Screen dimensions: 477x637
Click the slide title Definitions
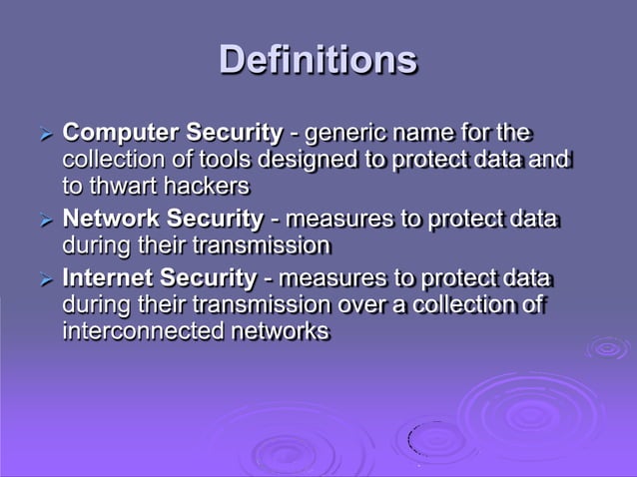[318, 59]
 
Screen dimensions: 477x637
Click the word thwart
[122, 186]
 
